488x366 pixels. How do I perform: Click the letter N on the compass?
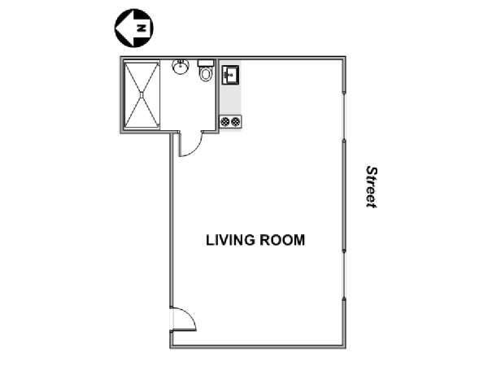[142, 28]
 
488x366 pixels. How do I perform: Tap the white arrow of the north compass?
[134, 28]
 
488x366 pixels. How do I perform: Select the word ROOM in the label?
[282, 240]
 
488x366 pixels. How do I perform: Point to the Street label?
[372, 187]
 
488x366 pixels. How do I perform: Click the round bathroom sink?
[181, 67]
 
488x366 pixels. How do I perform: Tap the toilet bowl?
[206, 74]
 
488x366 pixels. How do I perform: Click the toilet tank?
[206, 63]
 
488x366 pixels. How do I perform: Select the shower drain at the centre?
[142, 94]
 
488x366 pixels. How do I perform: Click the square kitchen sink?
[230, 75]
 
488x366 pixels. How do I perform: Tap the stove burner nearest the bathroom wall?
[225, 121]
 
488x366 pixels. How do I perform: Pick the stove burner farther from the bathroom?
[236, 121]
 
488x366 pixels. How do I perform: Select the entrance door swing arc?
[190, 313]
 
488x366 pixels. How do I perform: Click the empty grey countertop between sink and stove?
[230, 99]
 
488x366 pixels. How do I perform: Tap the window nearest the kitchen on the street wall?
[344, 116]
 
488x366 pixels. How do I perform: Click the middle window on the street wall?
[344, 195]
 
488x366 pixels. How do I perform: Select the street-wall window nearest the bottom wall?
[344, 275]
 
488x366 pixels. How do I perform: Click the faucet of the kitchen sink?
[225, 75]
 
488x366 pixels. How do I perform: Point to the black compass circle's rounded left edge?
[115, 28]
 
